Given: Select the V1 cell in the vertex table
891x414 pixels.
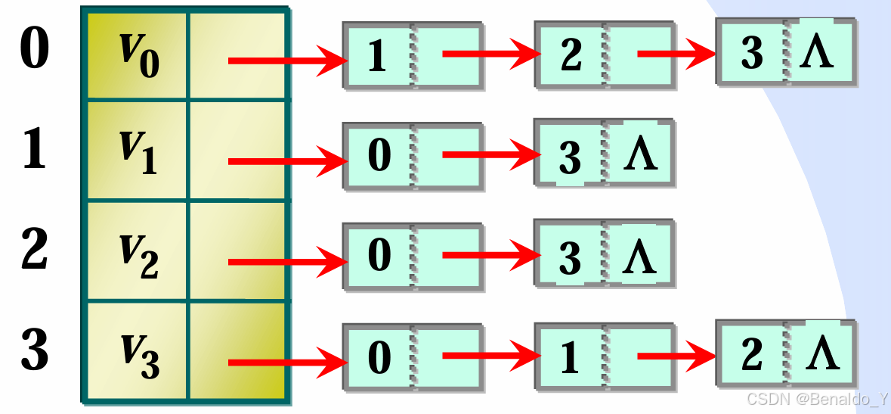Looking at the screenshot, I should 136,151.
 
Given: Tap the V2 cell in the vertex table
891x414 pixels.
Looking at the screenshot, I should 136,254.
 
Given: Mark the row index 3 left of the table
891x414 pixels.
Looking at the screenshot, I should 34,350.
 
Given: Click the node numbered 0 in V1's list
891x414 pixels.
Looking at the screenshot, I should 379,155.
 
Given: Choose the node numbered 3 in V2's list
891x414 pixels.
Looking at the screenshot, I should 570,258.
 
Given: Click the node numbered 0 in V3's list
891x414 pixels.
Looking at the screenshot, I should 379,356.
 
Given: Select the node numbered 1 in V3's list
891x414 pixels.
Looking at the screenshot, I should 570,357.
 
